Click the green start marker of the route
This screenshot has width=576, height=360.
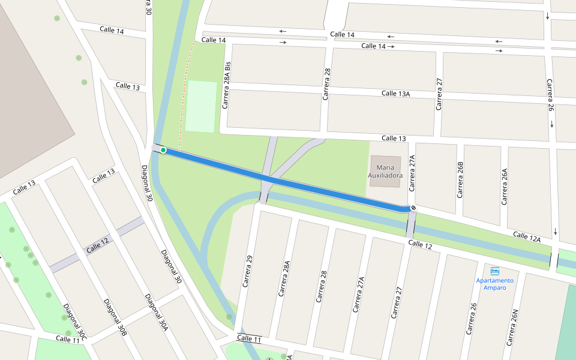tap(163, 150)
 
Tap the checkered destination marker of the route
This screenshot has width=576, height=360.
tap(413, 208)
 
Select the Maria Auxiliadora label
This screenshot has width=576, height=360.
tap(385, 171)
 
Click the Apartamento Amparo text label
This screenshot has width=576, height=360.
tap(495, 284)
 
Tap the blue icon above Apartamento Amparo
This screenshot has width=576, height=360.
tap(495, 271)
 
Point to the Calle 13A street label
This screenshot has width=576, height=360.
tap(396, 94)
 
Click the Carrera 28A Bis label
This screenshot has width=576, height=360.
tap(226, 84)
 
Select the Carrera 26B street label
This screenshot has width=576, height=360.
tap(460, 179)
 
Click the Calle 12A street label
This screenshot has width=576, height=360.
tap(527, 238)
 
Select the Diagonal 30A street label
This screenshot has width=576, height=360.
tap(155, 312)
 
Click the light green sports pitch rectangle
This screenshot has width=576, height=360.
tap(201, 106)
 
